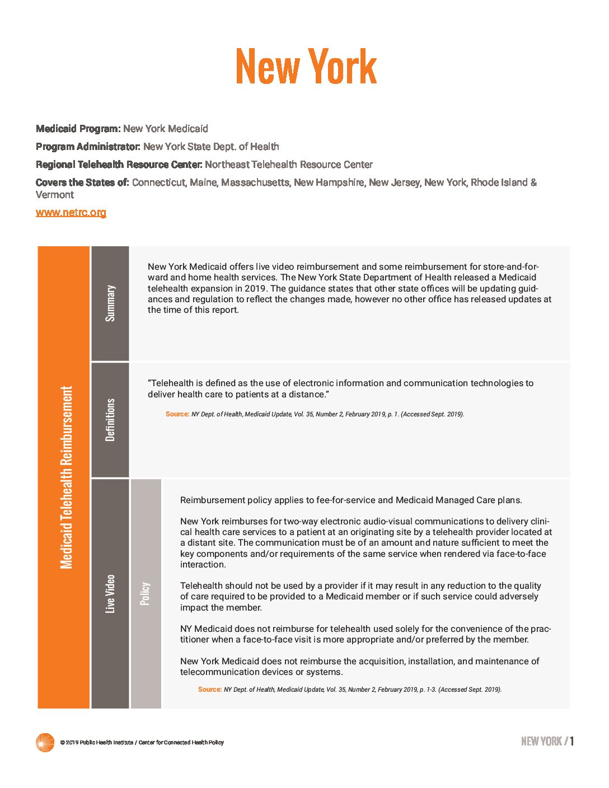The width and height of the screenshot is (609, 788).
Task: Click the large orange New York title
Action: (306, 67)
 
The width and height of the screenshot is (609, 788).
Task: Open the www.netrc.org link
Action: (71, 213)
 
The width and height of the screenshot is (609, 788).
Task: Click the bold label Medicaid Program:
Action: (78, 129)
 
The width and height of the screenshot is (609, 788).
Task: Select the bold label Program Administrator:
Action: (88, 147)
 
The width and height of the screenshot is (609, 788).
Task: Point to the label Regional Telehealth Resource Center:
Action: (119, 165)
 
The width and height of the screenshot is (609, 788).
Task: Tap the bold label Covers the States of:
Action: (82, 182)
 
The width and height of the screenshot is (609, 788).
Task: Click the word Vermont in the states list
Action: (55, 195)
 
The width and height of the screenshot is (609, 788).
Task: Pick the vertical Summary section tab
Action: (110, 303)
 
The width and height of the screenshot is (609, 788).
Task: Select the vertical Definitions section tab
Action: (110, 420)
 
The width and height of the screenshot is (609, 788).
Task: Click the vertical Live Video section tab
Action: (110, 593)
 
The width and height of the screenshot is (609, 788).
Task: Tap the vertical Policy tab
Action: (146, 593)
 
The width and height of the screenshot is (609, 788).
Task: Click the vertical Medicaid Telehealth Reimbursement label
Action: (66, 477)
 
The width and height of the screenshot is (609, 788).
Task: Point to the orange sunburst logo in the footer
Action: (45, 743)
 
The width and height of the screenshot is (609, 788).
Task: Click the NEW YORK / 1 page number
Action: (547, 742)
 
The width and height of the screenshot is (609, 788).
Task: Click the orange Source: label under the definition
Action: (177, 414)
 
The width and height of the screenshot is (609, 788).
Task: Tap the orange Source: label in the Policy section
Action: (209, 689)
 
